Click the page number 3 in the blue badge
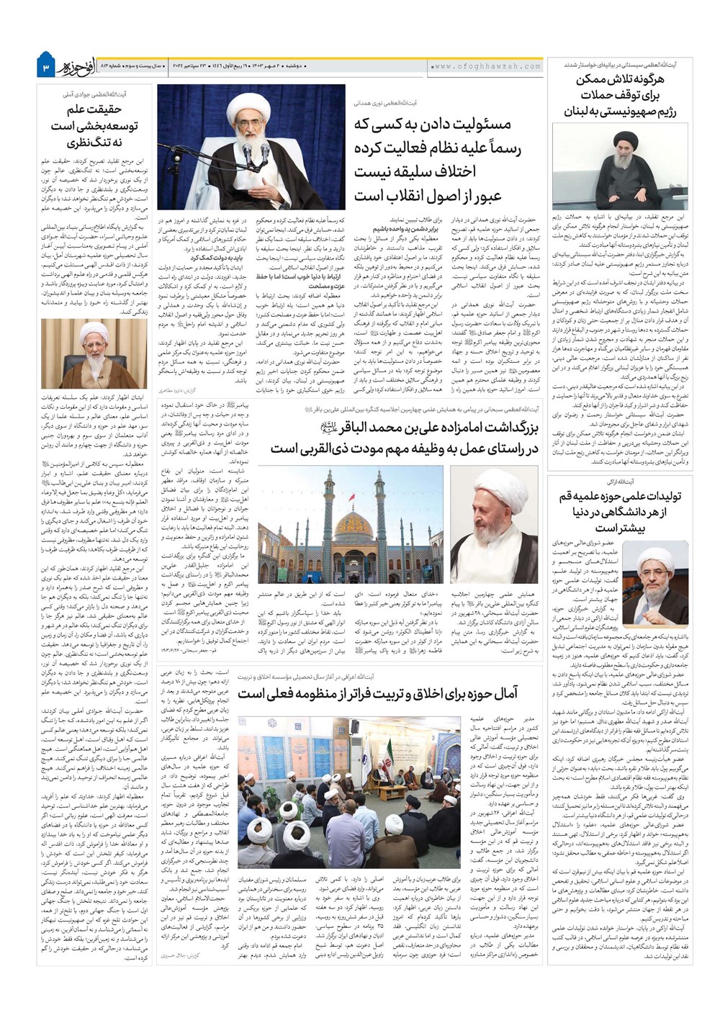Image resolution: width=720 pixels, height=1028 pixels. click(45, 66)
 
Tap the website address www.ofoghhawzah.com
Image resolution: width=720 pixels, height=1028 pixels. click(487, 66)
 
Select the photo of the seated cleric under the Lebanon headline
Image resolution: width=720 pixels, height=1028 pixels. click(620, 166)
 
